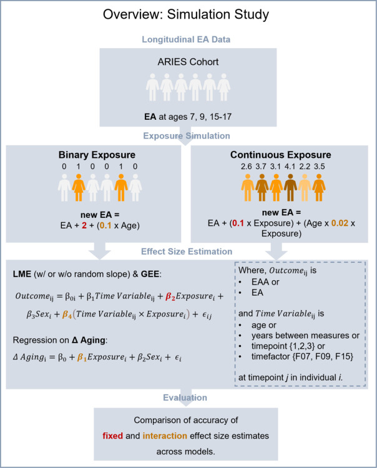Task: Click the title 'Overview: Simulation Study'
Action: pos(188,14)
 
